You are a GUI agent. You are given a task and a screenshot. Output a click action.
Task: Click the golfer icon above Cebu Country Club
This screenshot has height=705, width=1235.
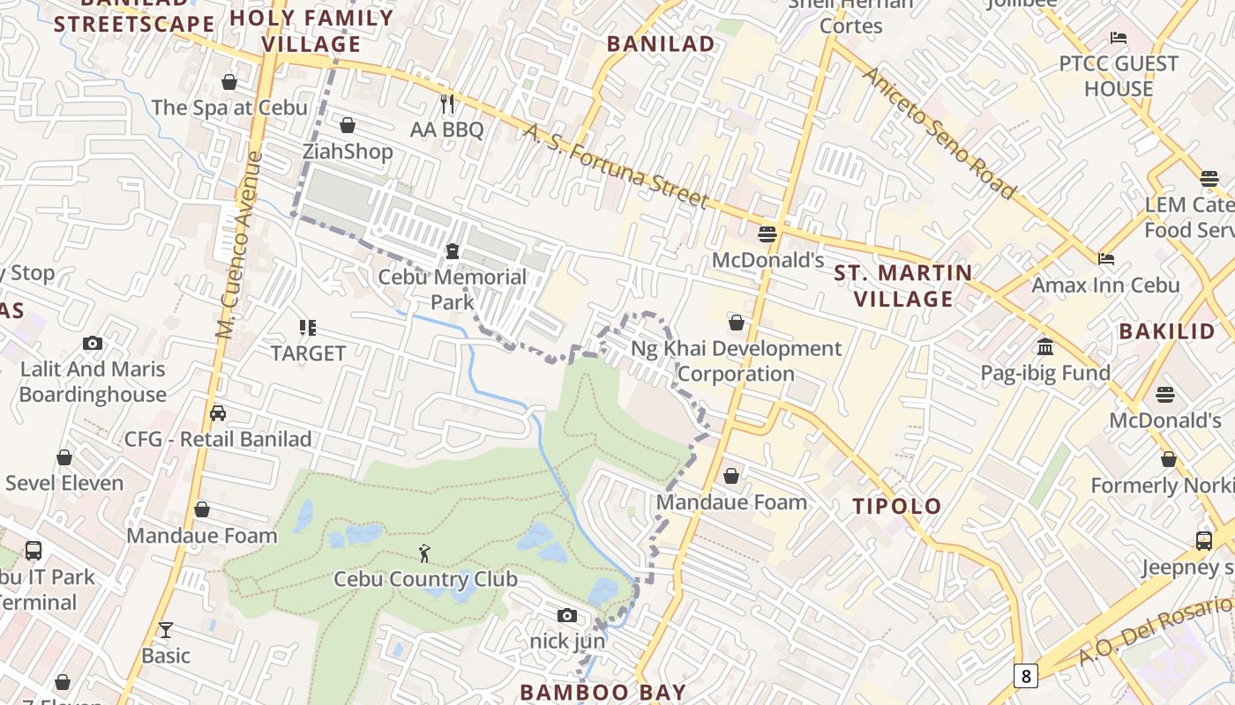pos(425,553)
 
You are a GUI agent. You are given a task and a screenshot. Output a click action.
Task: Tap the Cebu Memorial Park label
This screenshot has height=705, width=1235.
pos(452,289)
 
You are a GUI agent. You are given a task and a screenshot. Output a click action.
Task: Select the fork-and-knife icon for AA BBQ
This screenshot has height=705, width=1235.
pos(447,104)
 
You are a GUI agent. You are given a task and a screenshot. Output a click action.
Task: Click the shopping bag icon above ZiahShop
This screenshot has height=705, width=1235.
pos(348,125)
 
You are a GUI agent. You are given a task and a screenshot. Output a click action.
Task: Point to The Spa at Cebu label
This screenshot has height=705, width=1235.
pos(229,108)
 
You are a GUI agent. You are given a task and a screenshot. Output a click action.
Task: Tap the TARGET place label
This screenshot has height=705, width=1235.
pos(308,353)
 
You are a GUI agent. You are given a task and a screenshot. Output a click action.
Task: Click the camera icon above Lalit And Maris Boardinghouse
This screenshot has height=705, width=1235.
pos(93,344)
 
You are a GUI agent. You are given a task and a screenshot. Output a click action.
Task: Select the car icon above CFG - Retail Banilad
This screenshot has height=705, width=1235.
pos(218,413)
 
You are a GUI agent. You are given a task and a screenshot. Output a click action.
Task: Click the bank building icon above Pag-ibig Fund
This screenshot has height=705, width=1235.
pos(1045,346)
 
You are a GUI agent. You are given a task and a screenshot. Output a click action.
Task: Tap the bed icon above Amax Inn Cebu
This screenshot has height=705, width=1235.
pos(1105,259)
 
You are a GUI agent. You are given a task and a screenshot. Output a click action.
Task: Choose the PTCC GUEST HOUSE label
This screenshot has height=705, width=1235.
pos(1119,76)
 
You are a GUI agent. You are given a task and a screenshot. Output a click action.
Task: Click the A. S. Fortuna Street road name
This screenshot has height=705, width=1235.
pos(617,167)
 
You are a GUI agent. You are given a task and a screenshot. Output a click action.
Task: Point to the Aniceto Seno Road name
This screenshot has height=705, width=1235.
pos(939,132)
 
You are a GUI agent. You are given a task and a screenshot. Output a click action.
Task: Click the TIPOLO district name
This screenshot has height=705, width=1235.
pos(897,506)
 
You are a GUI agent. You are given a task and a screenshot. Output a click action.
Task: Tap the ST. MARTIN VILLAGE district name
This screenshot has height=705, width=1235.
pos(903,286)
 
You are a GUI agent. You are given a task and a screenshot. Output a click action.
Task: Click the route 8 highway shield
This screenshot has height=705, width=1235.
pos(1025,676)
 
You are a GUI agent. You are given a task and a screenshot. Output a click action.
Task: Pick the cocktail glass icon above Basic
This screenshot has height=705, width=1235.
pos(165,629)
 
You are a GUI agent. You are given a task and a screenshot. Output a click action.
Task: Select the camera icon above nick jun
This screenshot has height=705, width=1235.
pos(567,615)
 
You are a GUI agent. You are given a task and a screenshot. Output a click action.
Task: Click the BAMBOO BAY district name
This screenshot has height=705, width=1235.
pos(603,692)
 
